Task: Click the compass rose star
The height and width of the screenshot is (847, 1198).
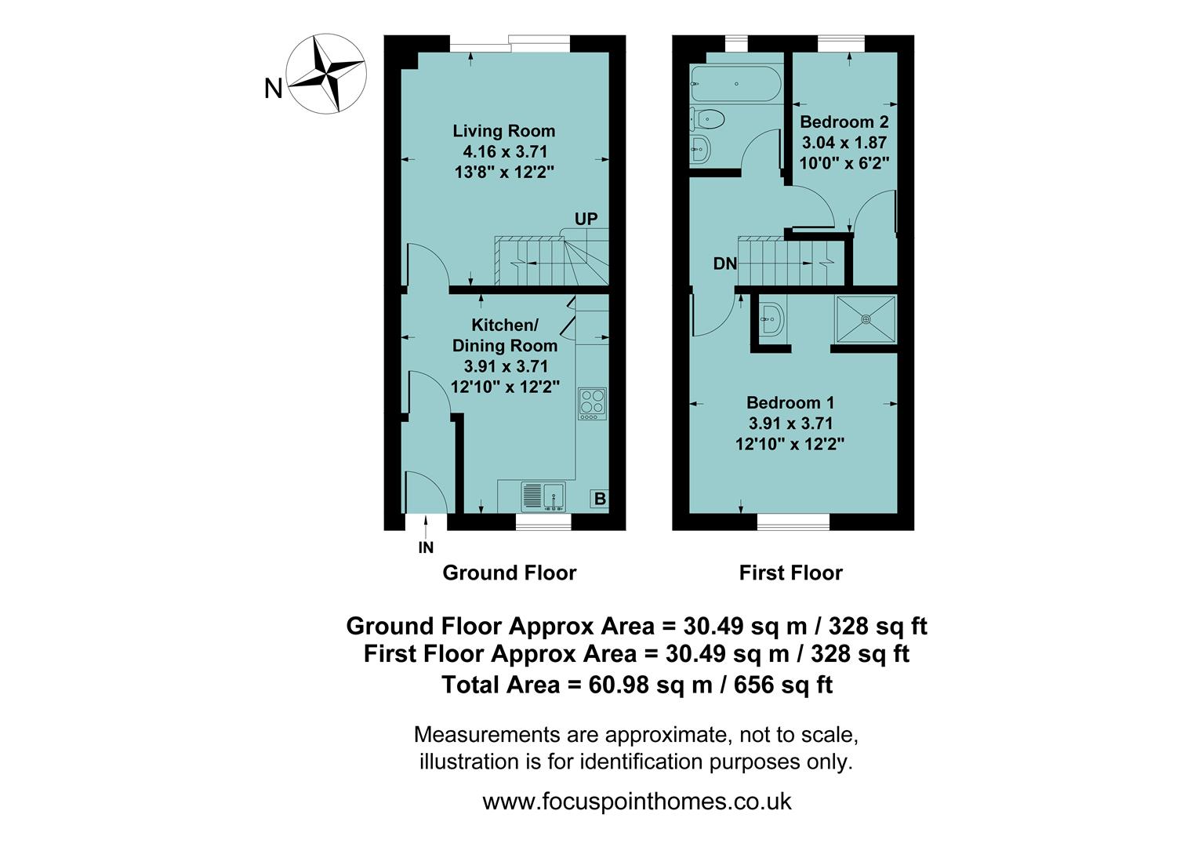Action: click(325, 73)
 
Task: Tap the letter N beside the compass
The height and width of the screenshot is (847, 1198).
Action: click(273, 89)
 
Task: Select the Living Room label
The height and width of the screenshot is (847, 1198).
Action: click(504, 131)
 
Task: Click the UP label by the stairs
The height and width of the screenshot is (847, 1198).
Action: click(586, 219)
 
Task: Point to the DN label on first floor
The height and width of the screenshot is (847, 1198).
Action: click(724, 264)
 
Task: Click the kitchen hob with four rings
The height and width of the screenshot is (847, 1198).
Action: click(592, 403)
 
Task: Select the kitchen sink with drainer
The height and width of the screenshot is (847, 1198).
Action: click(543, 496)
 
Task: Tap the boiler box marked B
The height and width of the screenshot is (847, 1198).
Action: click(599, 499)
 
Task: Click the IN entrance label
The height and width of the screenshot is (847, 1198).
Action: click(426, 548)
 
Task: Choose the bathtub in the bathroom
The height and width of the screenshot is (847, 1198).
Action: click(735, 84)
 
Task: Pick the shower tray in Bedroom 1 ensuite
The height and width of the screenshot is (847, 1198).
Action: click(866, 318)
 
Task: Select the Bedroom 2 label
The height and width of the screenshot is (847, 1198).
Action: click(844, 122)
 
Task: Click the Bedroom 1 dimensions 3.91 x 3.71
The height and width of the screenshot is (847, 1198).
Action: click(790, 423)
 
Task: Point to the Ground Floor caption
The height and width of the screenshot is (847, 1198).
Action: click(509, 573)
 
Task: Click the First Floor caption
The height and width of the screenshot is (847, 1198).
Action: click(790, 573)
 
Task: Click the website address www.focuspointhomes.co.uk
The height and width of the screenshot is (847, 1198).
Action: click(637, 802)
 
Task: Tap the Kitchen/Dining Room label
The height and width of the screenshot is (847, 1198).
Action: click(504, 335)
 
